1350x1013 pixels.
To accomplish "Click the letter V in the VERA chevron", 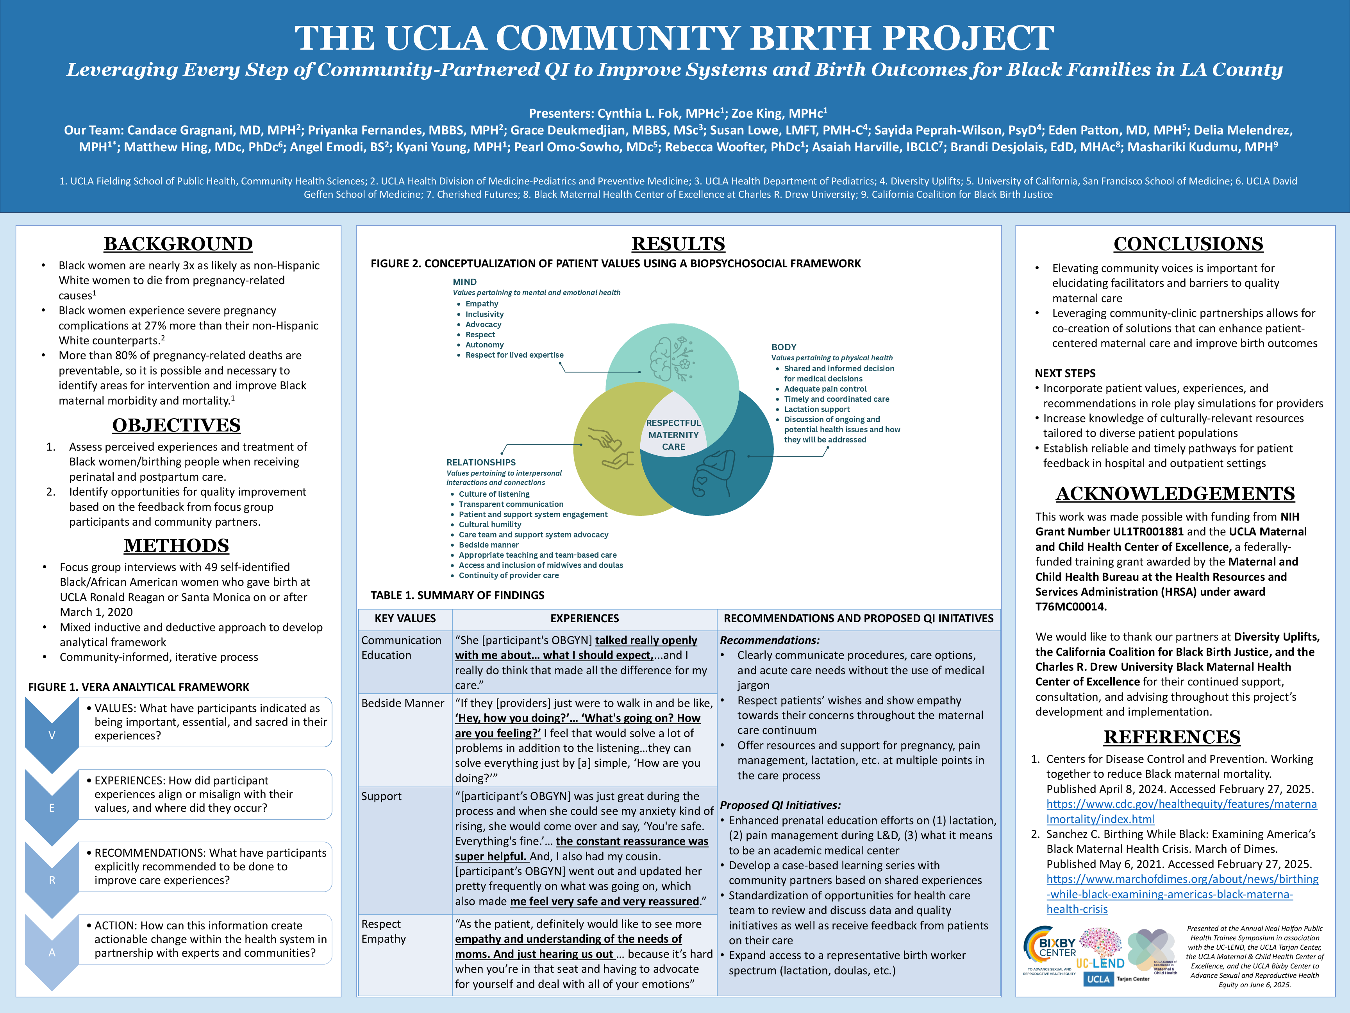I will click(x=52, y=735).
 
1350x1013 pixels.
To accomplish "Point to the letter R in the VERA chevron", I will click(x=52, y=880).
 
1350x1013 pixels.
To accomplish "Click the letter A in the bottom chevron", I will click(x=52, y=952).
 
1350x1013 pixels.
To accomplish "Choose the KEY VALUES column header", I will click(x=405, y=619).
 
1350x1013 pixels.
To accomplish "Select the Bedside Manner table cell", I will click(x=403, y=703).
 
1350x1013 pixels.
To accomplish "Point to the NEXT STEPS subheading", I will click(x=1065, y=373).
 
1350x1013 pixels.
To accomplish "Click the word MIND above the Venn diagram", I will click(x=464, y=281).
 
